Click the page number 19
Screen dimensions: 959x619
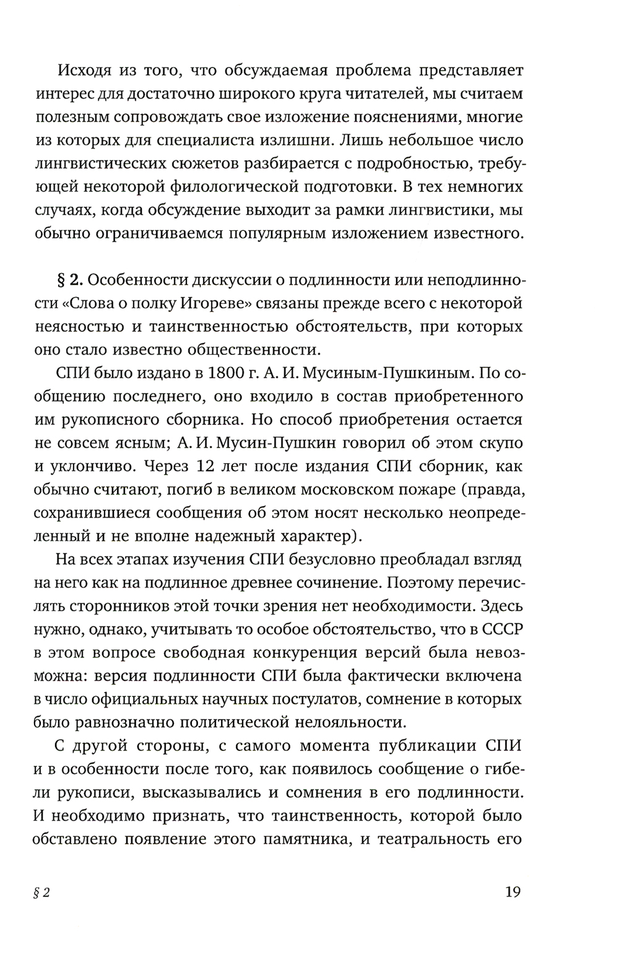pos(513,892)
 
